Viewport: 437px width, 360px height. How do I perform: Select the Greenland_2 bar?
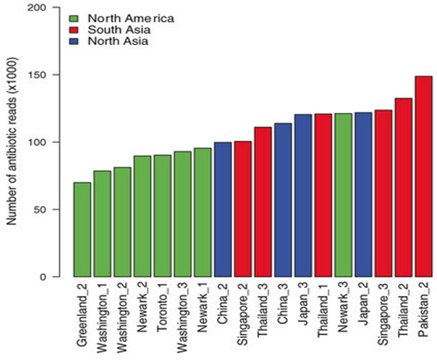click(x=82, y=229)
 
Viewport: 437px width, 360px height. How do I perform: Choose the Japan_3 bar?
click(x=303, y=196)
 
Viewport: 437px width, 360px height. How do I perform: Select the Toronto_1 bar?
click(x=163, y=216)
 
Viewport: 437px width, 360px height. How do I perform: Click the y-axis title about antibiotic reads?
click(x=14, y=142)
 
